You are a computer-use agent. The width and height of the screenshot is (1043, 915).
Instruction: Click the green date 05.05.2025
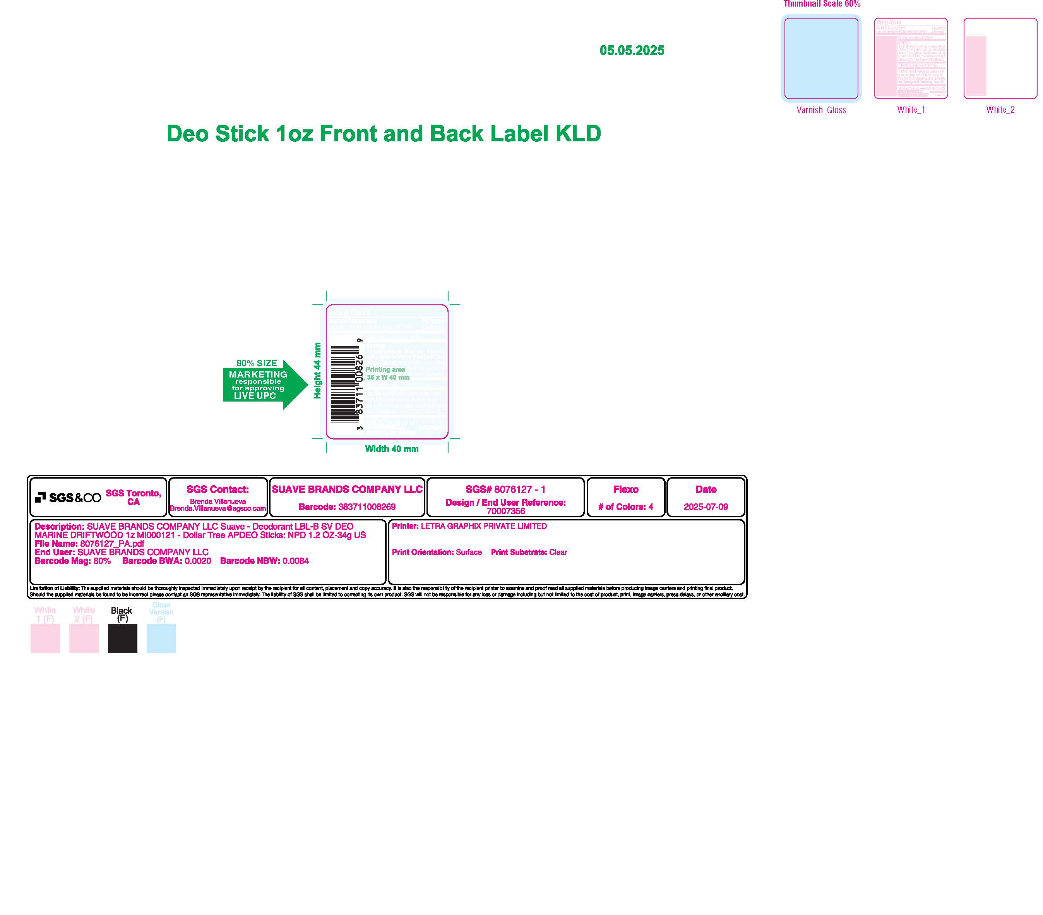pyautogui.click(x=632, y=51)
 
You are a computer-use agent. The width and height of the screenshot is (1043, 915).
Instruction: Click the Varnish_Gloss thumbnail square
pyautogui.click(x=821, y=58)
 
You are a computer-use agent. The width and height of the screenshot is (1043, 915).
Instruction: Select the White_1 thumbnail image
pyautogui.click(x=911, y=58)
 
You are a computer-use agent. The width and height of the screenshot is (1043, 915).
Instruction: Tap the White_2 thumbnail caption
pyautogui.click(x=1000, y=110)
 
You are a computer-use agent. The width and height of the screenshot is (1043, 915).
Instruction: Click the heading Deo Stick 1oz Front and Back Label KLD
pyautogui.click(x=384, y=134)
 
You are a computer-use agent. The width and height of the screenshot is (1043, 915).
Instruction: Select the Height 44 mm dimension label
pyautogui.click(x=317, y=371)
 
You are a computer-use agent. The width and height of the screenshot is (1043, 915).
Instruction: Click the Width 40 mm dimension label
pyautogui.click(x=391, y=449)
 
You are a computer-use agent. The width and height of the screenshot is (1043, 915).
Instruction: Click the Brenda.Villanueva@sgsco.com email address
pyautogui.click(x=218, y=508)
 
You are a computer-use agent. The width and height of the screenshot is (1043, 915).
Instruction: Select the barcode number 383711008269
pyautogui.click(x=367, y=507)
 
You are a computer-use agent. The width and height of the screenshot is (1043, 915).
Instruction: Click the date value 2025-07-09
pyautogui.click(x=706, y=507)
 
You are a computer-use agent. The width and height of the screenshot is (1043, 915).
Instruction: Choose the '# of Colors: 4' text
pyautogui.click(x=625, y=507)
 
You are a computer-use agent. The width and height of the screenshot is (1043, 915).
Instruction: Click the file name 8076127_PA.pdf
pyautogui.click(x=112, y=544)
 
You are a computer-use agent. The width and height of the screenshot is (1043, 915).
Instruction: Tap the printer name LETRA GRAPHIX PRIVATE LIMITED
pyautogui.click(x=483, y=527)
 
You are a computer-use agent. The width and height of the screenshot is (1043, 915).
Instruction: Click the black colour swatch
pyautogui.click(x=122, y=638)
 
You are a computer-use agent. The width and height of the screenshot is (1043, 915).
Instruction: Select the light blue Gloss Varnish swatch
pyautogui.click(x=161, y=638)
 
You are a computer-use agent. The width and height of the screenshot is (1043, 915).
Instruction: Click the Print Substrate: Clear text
pyautogui.click(x=529, y=553)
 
